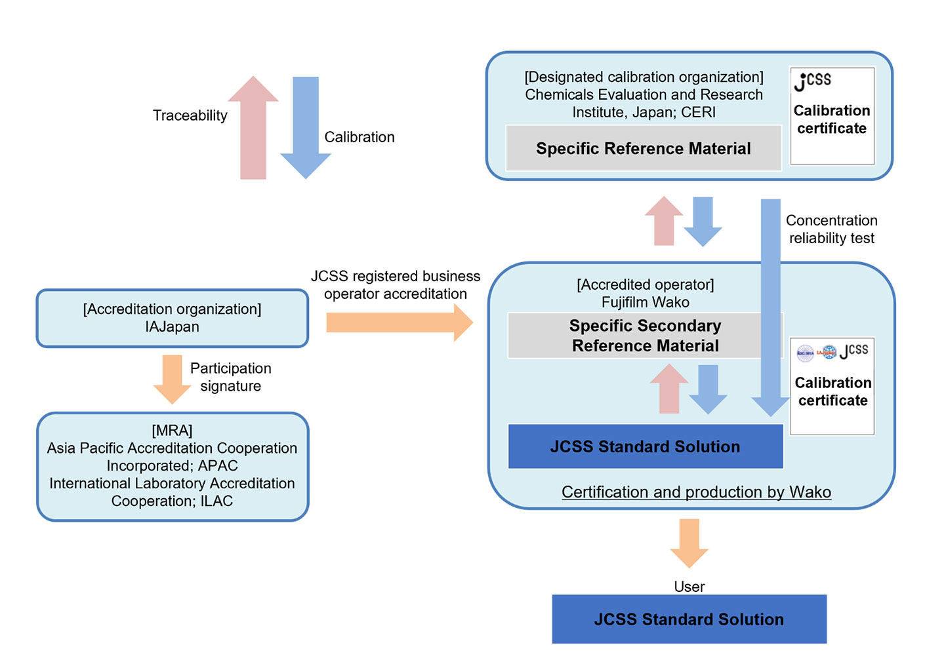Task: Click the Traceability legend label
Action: click(190, 115)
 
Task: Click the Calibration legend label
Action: click(359, 137)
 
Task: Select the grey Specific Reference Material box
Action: click(643, 149)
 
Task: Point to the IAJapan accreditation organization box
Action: click(172, 319)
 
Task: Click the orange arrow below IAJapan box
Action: click(172, 379)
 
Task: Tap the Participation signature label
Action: click(230, 377)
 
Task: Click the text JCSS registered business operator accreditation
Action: click(395, 285)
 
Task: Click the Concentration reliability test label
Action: click(831, 229)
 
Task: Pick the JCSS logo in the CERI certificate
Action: click(812, 81)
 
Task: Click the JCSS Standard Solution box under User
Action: click(689, 619)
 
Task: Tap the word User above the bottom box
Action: click(689, 587)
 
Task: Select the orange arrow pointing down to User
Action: click(689, 542)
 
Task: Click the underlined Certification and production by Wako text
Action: click(696, 492)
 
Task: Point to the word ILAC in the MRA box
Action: click(217, 501)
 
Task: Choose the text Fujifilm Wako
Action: click(645, 302)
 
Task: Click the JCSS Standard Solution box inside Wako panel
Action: click(645, 447)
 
